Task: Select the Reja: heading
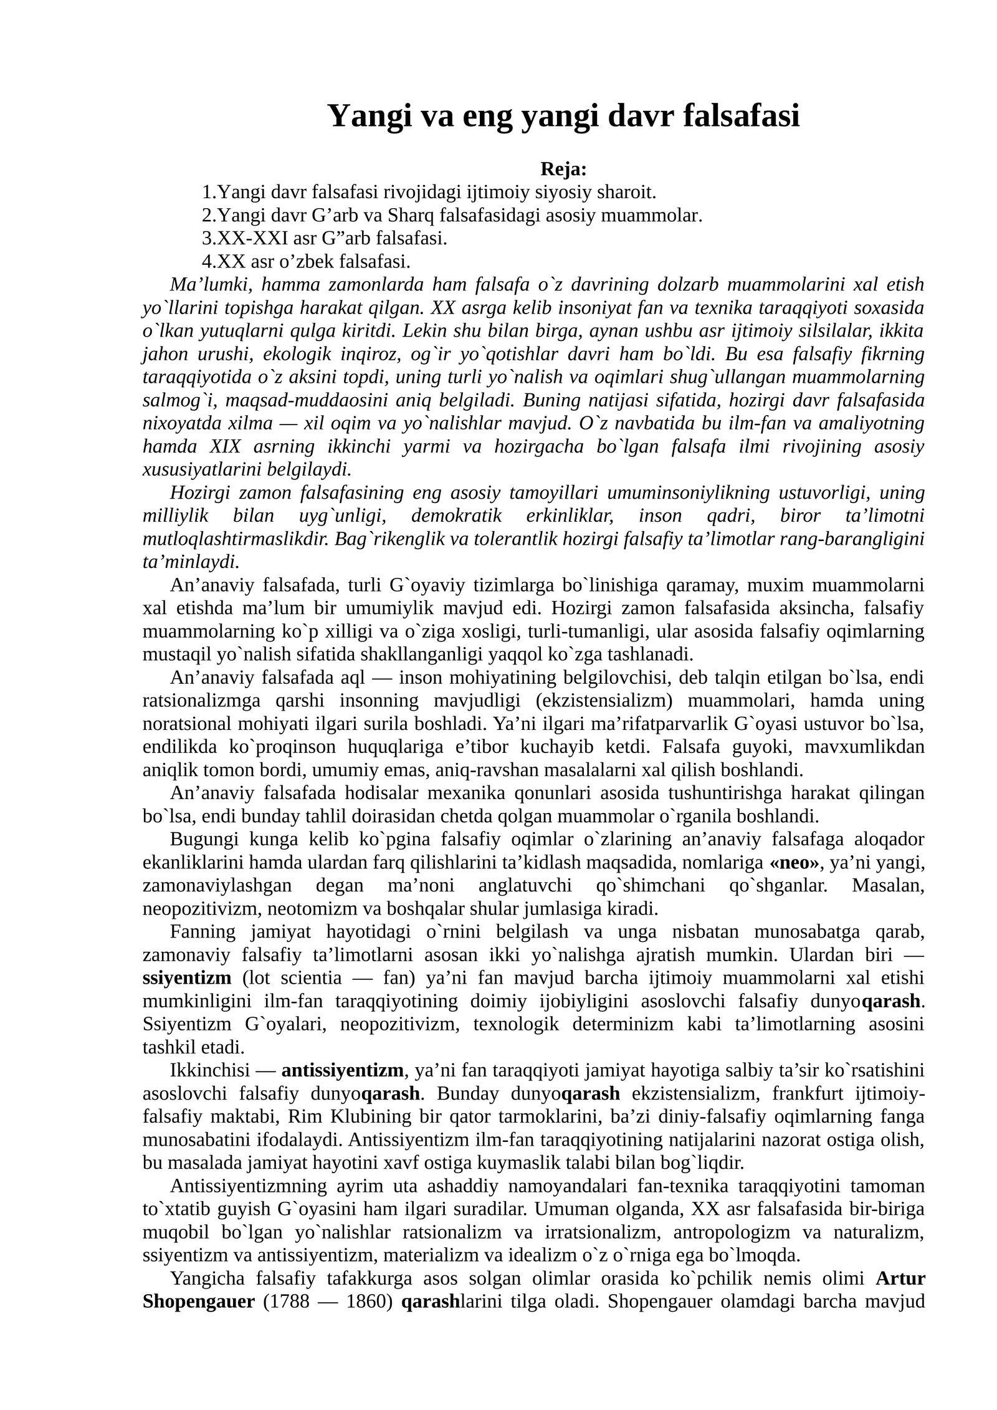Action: [x=563, y=169]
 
